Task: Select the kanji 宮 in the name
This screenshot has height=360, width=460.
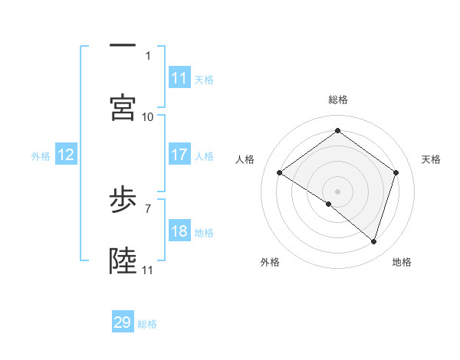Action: point(123,107)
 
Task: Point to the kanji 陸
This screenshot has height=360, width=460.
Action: point(123,261)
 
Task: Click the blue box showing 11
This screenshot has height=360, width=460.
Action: point(179,78)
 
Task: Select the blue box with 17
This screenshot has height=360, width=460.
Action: point(179,155)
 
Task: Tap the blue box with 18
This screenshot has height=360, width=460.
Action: point(179,231)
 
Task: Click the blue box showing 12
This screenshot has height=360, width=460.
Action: point(66,155)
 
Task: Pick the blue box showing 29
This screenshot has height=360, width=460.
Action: point(123,322)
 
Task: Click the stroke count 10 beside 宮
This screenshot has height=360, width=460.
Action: point(148,116)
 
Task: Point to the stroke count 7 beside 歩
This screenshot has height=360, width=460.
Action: point(148,208)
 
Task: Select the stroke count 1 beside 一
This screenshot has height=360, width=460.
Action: point(148,55)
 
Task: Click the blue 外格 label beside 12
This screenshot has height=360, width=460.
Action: point(41,155)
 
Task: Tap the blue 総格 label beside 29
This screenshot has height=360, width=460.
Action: point(147,323)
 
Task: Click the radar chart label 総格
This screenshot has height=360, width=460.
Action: point(338,100)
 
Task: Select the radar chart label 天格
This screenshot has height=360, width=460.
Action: point(431,159)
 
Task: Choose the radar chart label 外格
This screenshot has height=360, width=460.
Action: point(270,262)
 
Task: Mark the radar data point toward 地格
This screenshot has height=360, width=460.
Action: point(374,241)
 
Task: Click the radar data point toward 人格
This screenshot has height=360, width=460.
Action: point(280,173)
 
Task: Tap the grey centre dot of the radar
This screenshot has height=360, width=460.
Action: point(338,191)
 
